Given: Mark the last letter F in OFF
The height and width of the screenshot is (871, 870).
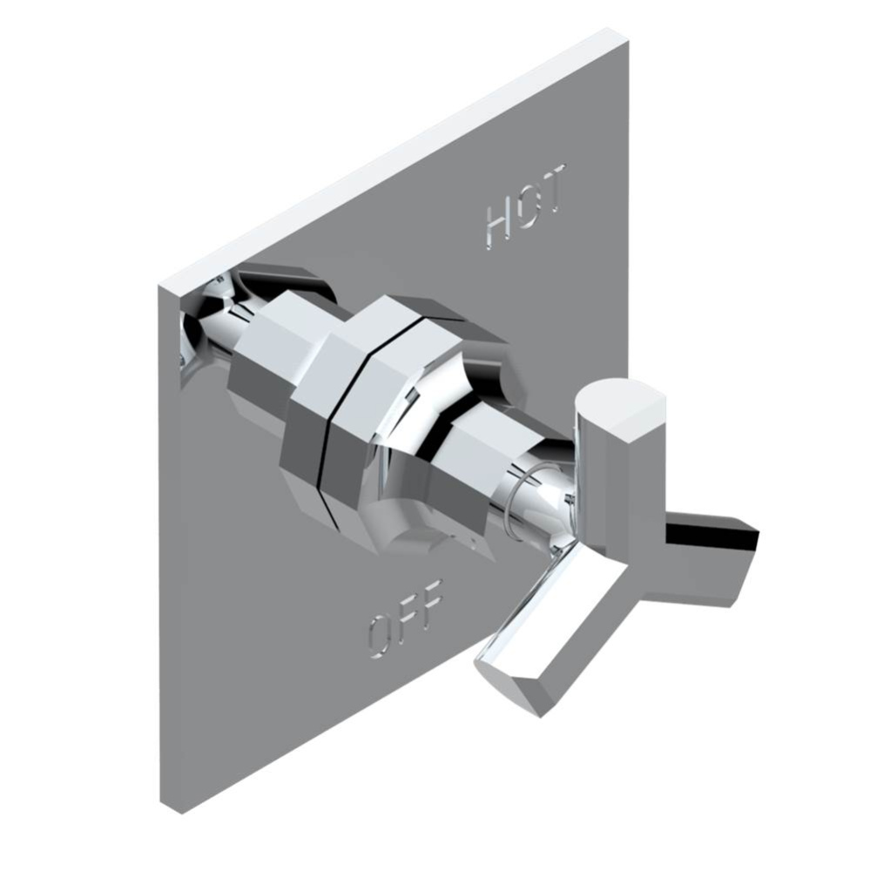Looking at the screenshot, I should pos(430,598).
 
